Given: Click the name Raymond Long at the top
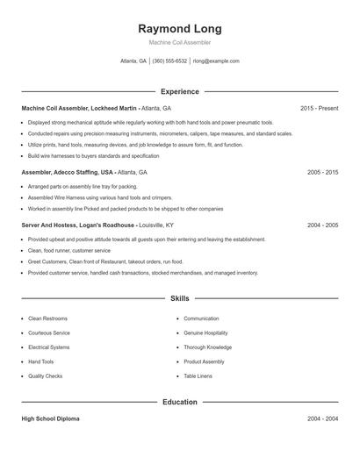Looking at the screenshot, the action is click(x=179, y=29).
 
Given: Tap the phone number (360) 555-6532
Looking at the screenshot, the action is click(x=169, y=61).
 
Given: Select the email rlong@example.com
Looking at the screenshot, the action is click(x=216, y=61).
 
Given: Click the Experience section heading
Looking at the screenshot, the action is click(x=179, y=91).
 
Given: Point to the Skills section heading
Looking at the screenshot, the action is click(x=179, y=299).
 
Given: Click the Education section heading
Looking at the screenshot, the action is click(x=179, y=402).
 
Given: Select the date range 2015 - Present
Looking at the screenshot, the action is click(x=319, y=108).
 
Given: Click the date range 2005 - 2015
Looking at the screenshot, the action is click(x=322, y=173).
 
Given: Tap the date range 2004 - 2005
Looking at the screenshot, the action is click(x=322, y=225).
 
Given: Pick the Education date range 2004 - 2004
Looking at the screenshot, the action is click(x=322, y=419).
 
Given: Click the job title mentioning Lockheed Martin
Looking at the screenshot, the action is click(x=80, y=108).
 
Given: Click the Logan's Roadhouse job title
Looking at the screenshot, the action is click(x=78, y=225).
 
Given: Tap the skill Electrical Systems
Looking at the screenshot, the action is click(x=48, y=347).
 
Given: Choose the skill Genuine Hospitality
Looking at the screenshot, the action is click(x=205, y=333).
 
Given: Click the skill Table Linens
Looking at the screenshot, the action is click(x=198, y=376).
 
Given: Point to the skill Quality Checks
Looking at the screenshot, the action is click(x=45, y=376).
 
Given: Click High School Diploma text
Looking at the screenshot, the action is click(x=50, y=419).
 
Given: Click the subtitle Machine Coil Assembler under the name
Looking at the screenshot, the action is click(x=179, y=42).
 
